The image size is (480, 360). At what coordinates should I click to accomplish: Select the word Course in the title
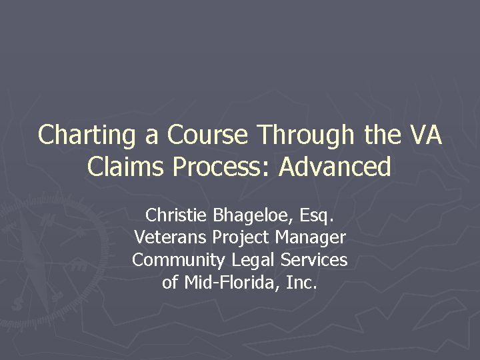pyautogui.click(x=208, y=135)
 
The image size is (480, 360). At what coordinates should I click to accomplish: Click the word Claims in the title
pyautogui.click(x=129, y=167)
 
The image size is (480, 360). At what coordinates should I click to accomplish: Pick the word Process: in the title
pyautogui.click(x=225, y=167)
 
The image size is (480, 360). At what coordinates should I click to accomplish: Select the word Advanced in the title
pyautogui.click(x=335, y=167)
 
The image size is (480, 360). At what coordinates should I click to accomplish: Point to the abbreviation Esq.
pyautogui.click(x=313, y=215)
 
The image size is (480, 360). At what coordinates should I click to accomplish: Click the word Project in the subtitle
pyautogui.click(x=240, y=237)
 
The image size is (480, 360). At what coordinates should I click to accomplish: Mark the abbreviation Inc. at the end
pyautogui.click(x=301, y=283)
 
